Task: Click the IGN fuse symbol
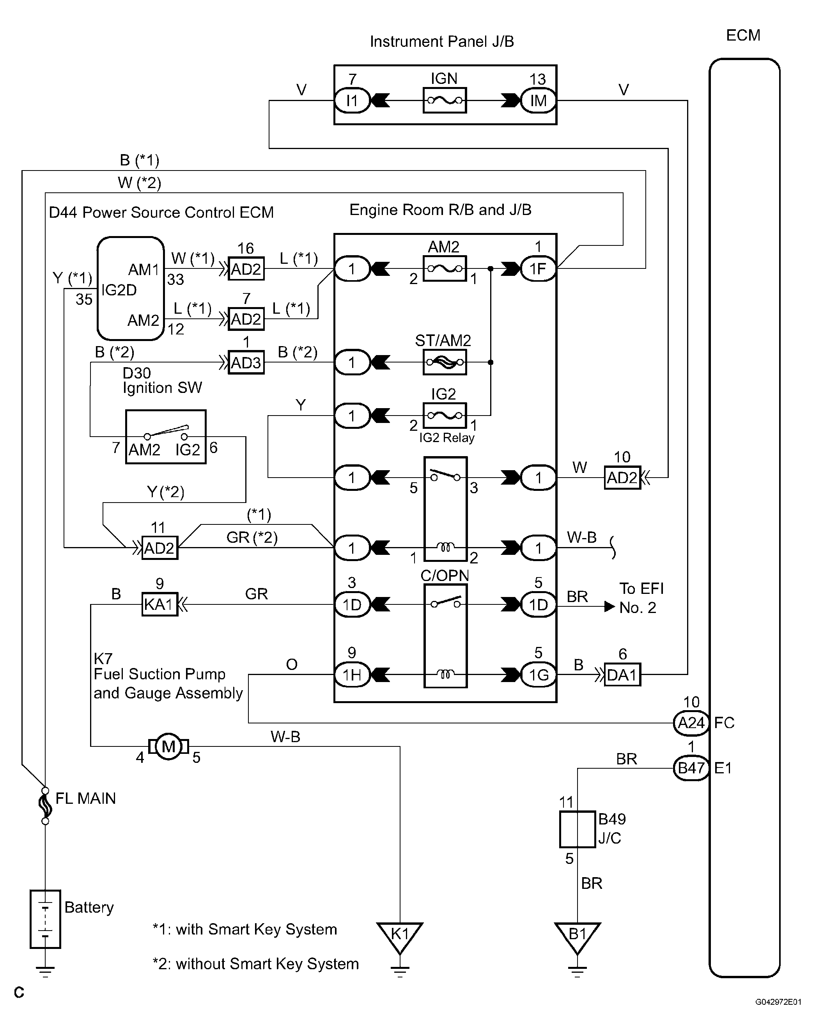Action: click(x=444, y=100)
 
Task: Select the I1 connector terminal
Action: click(x=352, y=100)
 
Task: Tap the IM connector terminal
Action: click(x=538, y=100)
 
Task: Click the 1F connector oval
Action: click(x=538, y=269)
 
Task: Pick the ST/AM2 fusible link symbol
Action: click(x=444, y=362)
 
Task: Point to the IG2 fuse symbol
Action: click(x=444, y=415)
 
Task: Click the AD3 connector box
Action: click(x=246, y=363)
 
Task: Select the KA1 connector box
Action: click(x=159, y=604)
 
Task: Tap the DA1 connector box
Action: click(x=622, y=675)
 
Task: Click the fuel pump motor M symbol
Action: click(x=168, y=746)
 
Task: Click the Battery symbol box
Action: click(x=45, y=919)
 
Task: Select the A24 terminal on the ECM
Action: click(x=691, y=723)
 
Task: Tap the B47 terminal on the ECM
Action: click(x=691, y=768)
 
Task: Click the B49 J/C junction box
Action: click(x=578, y=829)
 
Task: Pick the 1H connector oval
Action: click(x=352, y=675)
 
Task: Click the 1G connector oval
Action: click(x=538, y=675)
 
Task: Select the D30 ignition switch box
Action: click(x=166, y=436)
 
